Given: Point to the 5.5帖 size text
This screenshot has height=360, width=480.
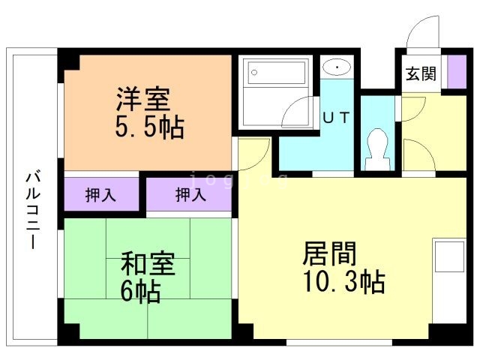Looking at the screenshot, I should click(149, 127).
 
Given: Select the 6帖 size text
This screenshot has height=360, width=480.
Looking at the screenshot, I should click(141, 291).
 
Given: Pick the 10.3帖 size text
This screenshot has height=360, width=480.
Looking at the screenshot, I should click(344, 282).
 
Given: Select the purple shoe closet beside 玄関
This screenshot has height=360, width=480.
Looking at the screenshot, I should click(452, 72).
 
